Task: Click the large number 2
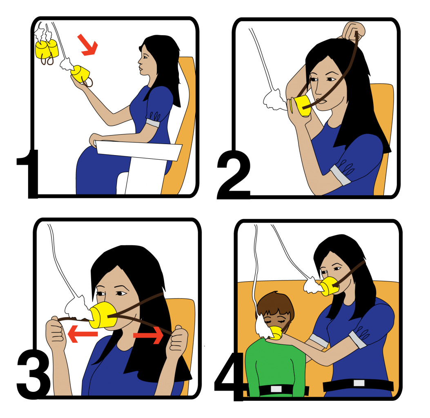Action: pos(234,174)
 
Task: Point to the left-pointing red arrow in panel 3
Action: pos(82,334)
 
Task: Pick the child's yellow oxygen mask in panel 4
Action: pos(275,332)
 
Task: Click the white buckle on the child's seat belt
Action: pos(276,389)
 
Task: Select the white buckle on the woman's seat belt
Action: pos(359,383)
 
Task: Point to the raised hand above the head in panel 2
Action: pos(353,31)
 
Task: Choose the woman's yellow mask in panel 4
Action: pos(330,287)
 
